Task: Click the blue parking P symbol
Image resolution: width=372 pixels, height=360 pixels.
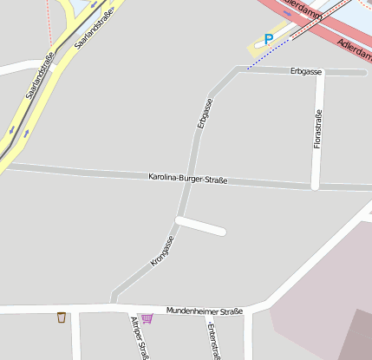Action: pyautogui.click(x=269, y=39)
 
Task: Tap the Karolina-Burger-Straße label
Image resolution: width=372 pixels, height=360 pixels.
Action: pyautogui.click(x=187, y=179)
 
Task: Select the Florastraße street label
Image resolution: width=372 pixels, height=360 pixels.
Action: pyautogui.click(x=318, y=128)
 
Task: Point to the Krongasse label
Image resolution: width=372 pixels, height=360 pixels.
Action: pyautogui.click(x=162, y=251)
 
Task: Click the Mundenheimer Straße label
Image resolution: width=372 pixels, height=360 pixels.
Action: pyautogui.click(x=205, y=310)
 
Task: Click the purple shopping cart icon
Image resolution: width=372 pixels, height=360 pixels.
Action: pyautogui.click(x=147, y=318)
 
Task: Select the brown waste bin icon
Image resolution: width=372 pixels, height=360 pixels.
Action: pyautogui.click(x=61, y=317)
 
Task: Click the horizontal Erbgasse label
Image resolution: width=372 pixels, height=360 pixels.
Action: pyautogui.click(x=306, y=69)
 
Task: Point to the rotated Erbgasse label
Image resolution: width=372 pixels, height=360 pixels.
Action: pyautogui.click(x=205, y=114)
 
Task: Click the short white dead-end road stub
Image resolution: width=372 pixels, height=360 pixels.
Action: pyautogui.click(x=201, y=226)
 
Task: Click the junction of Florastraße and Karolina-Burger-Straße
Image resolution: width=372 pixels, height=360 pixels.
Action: pyautogui.click(x=316, y=185)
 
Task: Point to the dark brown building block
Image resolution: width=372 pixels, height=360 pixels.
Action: pyautogui.click(x=356, y=338)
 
